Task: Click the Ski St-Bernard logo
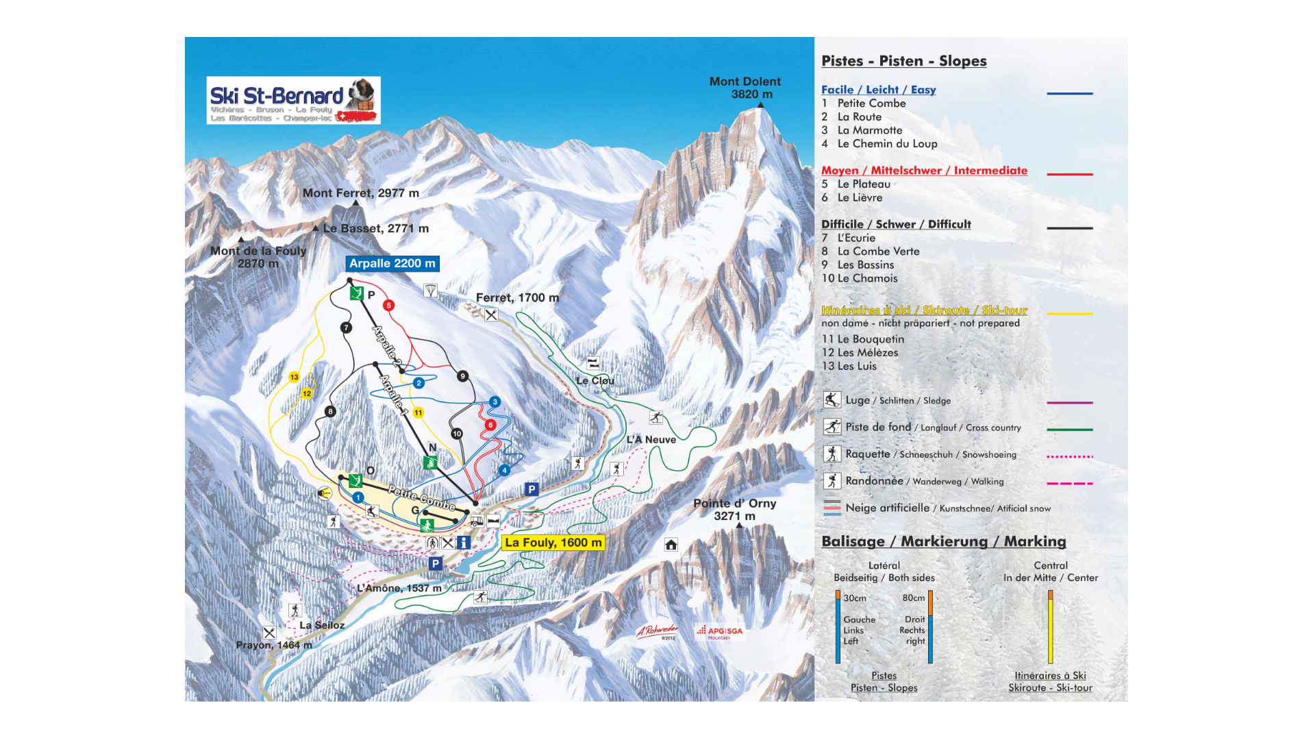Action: pos(293,100)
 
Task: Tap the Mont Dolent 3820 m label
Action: pos(745,88)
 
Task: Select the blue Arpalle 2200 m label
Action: pos(392,264)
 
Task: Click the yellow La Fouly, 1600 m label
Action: pos(553,543)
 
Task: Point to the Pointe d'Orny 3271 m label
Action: pos(735,509)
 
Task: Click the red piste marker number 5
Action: pos(389,306)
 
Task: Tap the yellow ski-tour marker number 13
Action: pos(295,377)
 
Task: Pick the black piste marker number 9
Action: pos(463,376)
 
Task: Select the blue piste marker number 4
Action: pos(505,470)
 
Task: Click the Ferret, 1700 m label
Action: pos(517,297)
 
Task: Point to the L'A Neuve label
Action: pos(651,439)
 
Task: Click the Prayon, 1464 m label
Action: pos(274,645)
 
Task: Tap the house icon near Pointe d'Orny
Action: pos(671,545)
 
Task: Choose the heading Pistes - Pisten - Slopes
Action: pos(904,61)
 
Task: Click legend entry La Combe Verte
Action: pos(878,251)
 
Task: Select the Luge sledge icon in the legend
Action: pos(832,400)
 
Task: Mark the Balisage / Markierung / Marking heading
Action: pos(944,541)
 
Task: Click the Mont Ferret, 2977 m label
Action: pos(361,193)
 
